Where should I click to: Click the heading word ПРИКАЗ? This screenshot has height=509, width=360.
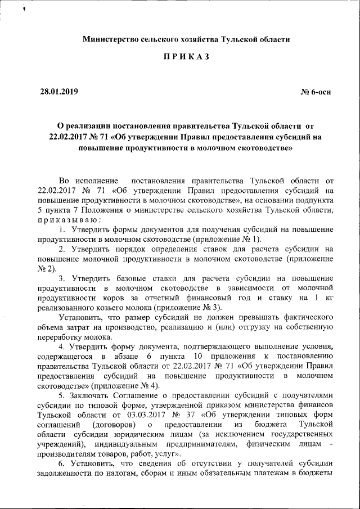tap(186, 58)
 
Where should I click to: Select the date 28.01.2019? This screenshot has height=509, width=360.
tap(59, 92)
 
